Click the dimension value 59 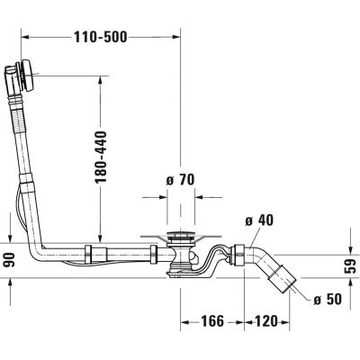coord(353,265)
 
